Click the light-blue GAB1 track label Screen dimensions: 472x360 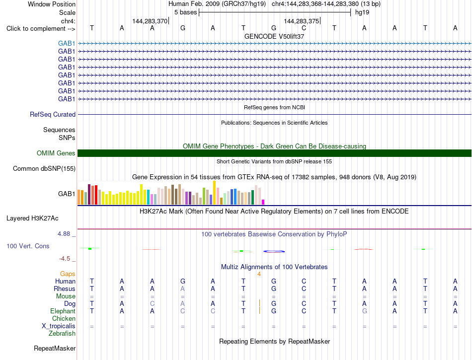click(67, 44)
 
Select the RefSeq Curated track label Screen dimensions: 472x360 click(53, 115)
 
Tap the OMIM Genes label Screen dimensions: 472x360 click(56, 153)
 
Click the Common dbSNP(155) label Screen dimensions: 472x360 click(44, 169)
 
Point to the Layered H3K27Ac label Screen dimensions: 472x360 click(32, 218)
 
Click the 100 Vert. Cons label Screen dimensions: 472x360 click(28, 246)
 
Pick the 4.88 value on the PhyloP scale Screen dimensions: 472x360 click(64, 234)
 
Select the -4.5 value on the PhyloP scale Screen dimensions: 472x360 click(65, 259)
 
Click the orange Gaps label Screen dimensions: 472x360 click(68, 274)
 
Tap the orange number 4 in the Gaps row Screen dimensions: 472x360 click(259, 274)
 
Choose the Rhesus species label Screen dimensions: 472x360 click(65, 288)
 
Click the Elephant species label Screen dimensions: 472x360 click(63, 311)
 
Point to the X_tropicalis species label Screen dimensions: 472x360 click(59, 326)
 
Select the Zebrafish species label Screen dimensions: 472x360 click(62, 334)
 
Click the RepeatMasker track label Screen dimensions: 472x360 click(55, 348)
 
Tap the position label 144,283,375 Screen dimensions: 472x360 click(301, 21)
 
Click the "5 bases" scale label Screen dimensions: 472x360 click(185, 12)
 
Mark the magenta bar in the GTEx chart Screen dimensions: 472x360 click(263, 202)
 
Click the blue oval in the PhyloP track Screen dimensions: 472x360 click(274, 251)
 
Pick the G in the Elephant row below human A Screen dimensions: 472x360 click(364, 311)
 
